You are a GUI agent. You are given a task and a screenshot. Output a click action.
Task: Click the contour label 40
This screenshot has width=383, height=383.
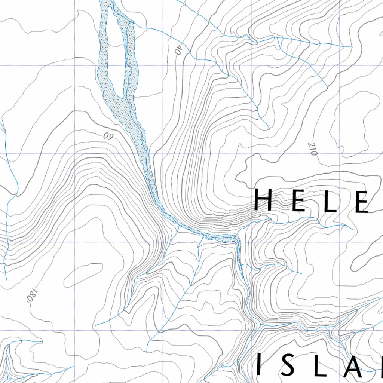(x=178, y=49)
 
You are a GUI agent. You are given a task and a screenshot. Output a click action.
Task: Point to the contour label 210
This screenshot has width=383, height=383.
(x=312, y=149)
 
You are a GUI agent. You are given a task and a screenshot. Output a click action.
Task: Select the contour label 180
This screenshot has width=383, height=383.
(x=32, y=295)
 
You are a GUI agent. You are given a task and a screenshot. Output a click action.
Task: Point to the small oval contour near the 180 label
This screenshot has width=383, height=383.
(x=83, y=275)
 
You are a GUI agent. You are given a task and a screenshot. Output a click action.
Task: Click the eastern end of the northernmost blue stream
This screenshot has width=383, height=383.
(x=352, y=47)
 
